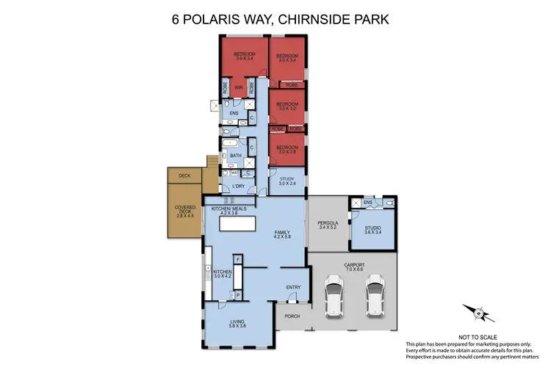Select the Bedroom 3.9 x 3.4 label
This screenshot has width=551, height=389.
click(x=244, y=57)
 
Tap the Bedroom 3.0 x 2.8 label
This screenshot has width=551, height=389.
click(x=287, y=150)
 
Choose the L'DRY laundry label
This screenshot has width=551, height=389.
click(x=237, y=186)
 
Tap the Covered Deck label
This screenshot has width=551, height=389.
click(x=185, y=211)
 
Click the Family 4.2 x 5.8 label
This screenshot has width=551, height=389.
click(x=282, y=233)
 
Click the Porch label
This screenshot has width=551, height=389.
click(x=292, y=317)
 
